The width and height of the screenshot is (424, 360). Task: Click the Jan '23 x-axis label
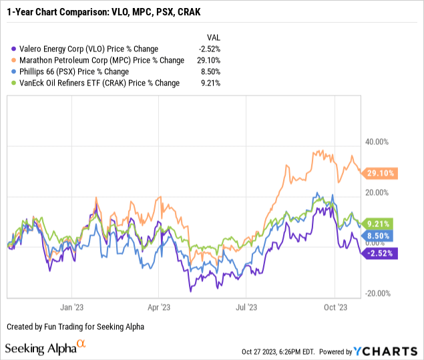(x=71, y=308)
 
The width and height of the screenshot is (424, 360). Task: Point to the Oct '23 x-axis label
(x=335, y=308)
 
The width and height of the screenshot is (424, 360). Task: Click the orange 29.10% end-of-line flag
(x=381, y=173)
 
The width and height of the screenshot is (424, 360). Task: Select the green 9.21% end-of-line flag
(x=381, y=224)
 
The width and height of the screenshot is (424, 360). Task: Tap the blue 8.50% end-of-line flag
(x=381, y=236)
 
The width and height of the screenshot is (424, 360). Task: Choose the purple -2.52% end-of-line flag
(x=379, y=253)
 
